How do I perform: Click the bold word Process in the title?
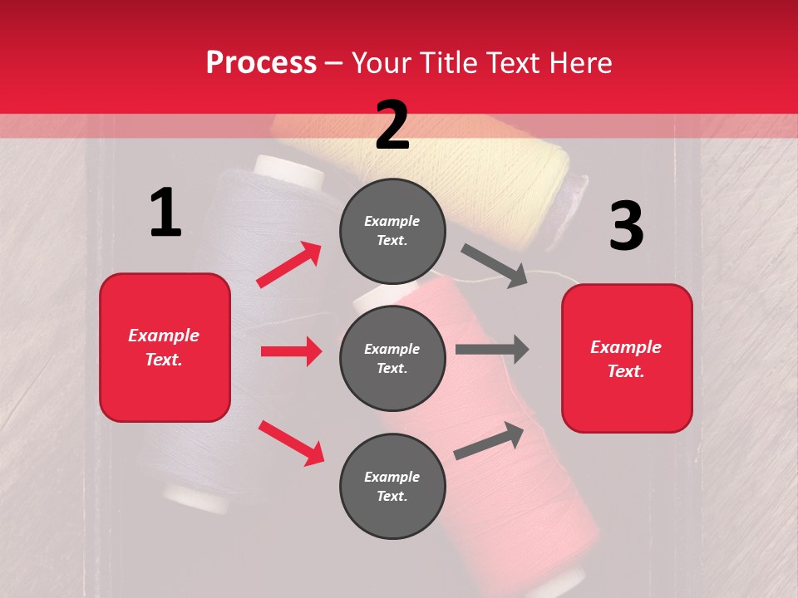point(261,62)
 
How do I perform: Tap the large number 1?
point(165,213)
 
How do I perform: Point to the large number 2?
point(392,125)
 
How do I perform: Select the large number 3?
point(626,226)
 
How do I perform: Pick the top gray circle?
point(392,231)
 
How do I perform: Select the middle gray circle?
point(392,358)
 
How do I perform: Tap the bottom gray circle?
point(392,486)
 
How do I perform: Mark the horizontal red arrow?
point(291,351)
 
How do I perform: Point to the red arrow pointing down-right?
point(291,443)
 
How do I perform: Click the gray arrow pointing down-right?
point(495,266)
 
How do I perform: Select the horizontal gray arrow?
point(492,350)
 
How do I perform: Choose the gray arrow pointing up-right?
point(489,441)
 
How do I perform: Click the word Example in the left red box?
point(164,336)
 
